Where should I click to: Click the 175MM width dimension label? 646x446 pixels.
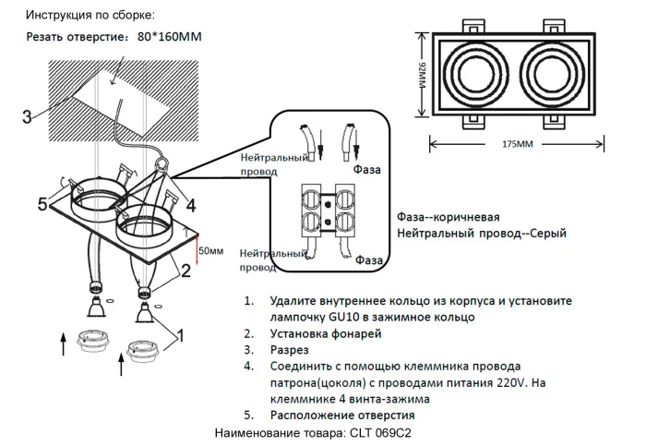(519, 145)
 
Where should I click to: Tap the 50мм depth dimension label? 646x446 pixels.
(210, 250)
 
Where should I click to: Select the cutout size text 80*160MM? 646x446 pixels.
(169, 37)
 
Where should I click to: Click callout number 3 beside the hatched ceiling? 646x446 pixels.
(28, 116)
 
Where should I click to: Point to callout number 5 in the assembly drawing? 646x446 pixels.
(42, 204)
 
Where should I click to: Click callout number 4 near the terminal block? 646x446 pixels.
(190, 203)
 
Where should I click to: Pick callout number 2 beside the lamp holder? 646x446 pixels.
(185, 270)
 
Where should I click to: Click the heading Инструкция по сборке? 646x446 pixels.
(90, 16)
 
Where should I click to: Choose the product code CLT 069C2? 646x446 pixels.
(378, 432)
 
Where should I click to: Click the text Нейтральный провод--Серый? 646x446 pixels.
(481, 234)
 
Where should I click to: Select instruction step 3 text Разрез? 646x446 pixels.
(289, 351)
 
